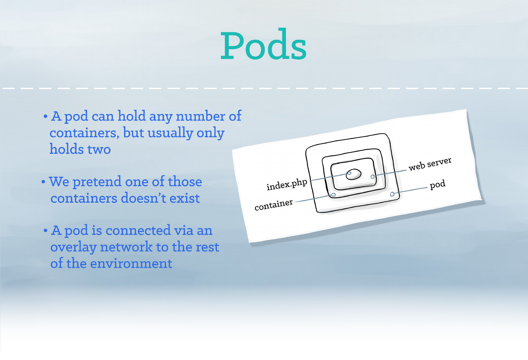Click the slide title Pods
[x=263, y=44]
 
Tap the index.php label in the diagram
[x=287, y=185]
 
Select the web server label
[x=430, y=164]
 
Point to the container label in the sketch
[x=274, y=205]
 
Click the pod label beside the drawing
[x=438, y=184]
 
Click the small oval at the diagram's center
[x=354, y=174]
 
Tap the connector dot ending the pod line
[x=392, y=194]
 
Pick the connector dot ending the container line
[x=334, y=195]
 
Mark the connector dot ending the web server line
[x=372, y=176]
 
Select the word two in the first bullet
[x=99, y=149]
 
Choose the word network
[x=126, y=247]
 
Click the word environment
[x=131, y=263]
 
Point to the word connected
[x=138, y=230]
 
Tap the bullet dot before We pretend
[x=43, y=182]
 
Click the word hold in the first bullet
[x=132, y=116]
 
